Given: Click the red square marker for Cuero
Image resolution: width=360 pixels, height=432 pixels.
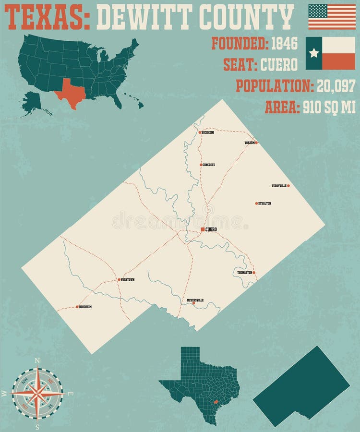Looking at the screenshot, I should [203, 229].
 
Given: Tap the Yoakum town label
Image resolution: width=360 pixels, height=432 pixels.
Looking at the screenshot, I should [249, 143].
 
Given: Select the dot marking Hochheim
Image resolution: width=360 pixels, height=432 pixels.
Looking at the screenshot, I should [200, 132].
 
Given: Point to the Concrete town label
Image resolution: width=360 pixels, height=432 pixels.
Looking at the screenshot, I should [208, 165].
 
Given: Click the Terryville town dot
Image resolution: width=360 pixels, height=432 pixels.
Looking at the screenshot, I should [288, 185].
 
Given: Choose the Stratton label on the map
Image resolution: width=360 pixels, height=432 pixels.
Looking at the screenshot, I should [264, 204].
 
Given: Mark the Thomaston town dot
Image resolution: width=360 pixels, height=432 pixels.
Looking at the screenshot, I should [254, 273].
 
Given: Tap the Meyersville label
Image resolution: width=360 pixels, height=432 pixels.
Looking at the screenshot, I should [195, 300].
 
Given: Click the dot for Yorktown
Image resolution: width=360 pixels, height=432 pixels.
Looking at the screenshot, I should [119, 279].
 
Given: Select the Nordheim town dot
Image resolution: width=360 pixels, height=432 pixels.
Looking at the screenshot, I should [77, 306].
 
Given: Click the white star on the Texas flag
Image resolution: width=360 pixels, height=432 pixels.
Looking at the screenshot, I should [314, 53].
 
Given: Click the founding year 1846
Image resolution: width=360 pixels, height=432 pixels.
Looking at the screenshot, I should [284, 44].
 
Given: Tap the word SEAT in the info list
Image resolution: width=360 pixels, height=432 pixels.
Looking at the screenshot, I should [240, 65].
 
